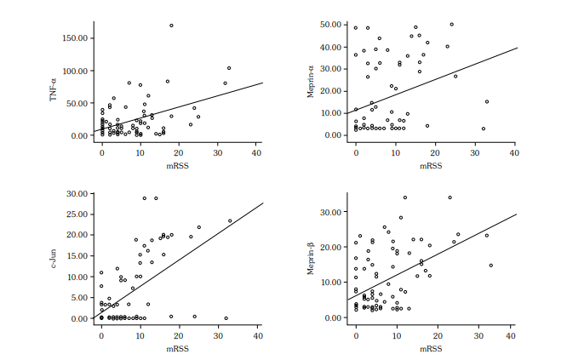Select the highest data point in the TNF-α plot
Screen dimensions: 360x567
171,26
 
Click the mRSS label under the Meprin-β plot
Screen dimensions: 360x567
432,348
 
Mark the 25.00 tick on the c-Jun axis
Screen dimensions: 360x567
76,214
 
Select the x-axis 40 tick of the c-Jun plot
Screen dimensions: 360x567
256,335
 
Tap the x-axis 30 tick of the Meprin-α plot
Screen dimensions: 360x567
474,152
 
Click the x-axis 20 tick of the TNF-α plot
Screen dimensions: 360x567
180,152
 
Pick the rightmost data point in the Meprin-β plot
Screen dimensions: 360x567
490,266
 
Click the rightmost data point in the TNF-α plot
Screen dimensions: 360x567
229,68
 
